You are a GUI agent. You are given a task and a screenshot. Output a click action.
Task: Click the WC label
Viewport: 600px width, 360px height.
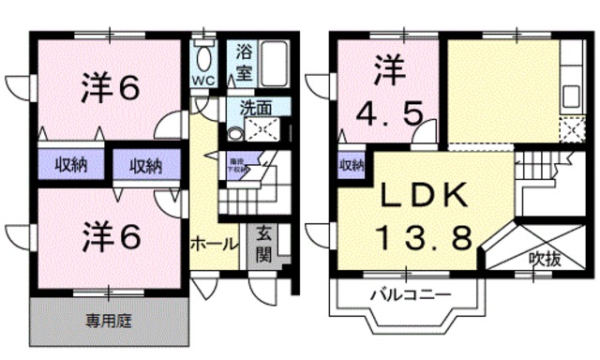[203, 80]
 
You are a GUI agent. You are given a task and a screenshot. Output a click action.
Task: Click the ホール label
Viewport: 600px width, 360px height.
[213, 243]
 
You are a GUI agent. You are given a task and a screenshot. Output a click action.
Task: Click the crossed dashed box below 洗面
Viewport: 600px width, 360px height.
[256, 129]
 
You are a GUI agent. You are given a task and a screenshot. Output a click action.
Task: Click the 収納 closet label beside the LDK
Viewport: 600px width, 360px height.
[351, 167]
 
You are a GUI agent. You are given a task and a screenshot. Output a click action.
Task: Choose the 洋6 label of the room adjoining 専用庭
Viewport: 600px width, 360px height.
[110, 234]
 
